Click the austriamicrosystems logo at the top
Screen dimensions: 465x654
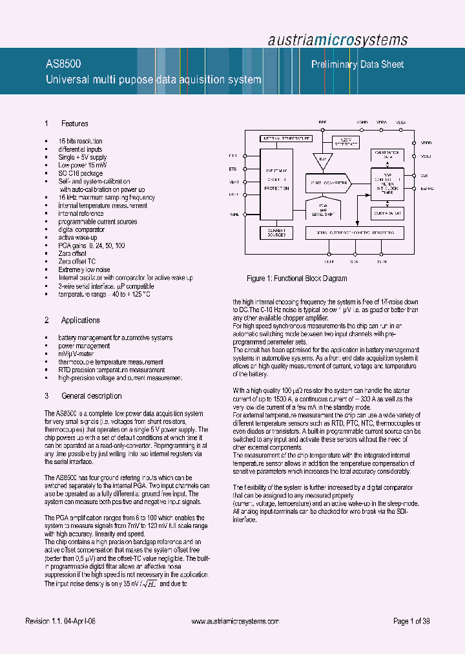coord(338,39)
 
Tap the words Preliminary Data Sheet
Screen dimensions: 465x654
coord(357,65)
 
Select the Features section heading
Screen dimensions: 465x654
coord(74,123)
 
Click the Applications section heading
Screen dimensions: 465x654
coord(80,320)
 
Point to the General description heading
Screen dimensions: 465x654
coord(91,396)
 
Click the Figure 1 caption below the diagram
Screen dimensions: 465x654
coord(297,279)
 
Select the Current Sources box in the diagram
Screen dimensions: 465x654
coord(276,231)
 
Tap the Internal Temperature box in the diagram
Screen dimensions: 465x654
coord(285,138)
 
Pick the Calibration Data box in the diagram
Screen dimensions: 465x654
coord(387,154)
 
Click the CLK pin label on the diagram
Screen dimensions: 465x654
coord(423,174)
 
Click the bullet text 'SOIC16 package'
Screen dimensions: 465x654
coord(80,173)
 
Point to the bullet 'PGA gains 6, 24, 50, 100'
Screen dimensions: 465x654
coord(91,246)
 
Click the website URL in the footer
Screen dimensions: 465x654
coord(236,621)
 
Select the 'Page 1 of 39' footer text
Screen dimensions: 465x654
coord(411,621)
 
